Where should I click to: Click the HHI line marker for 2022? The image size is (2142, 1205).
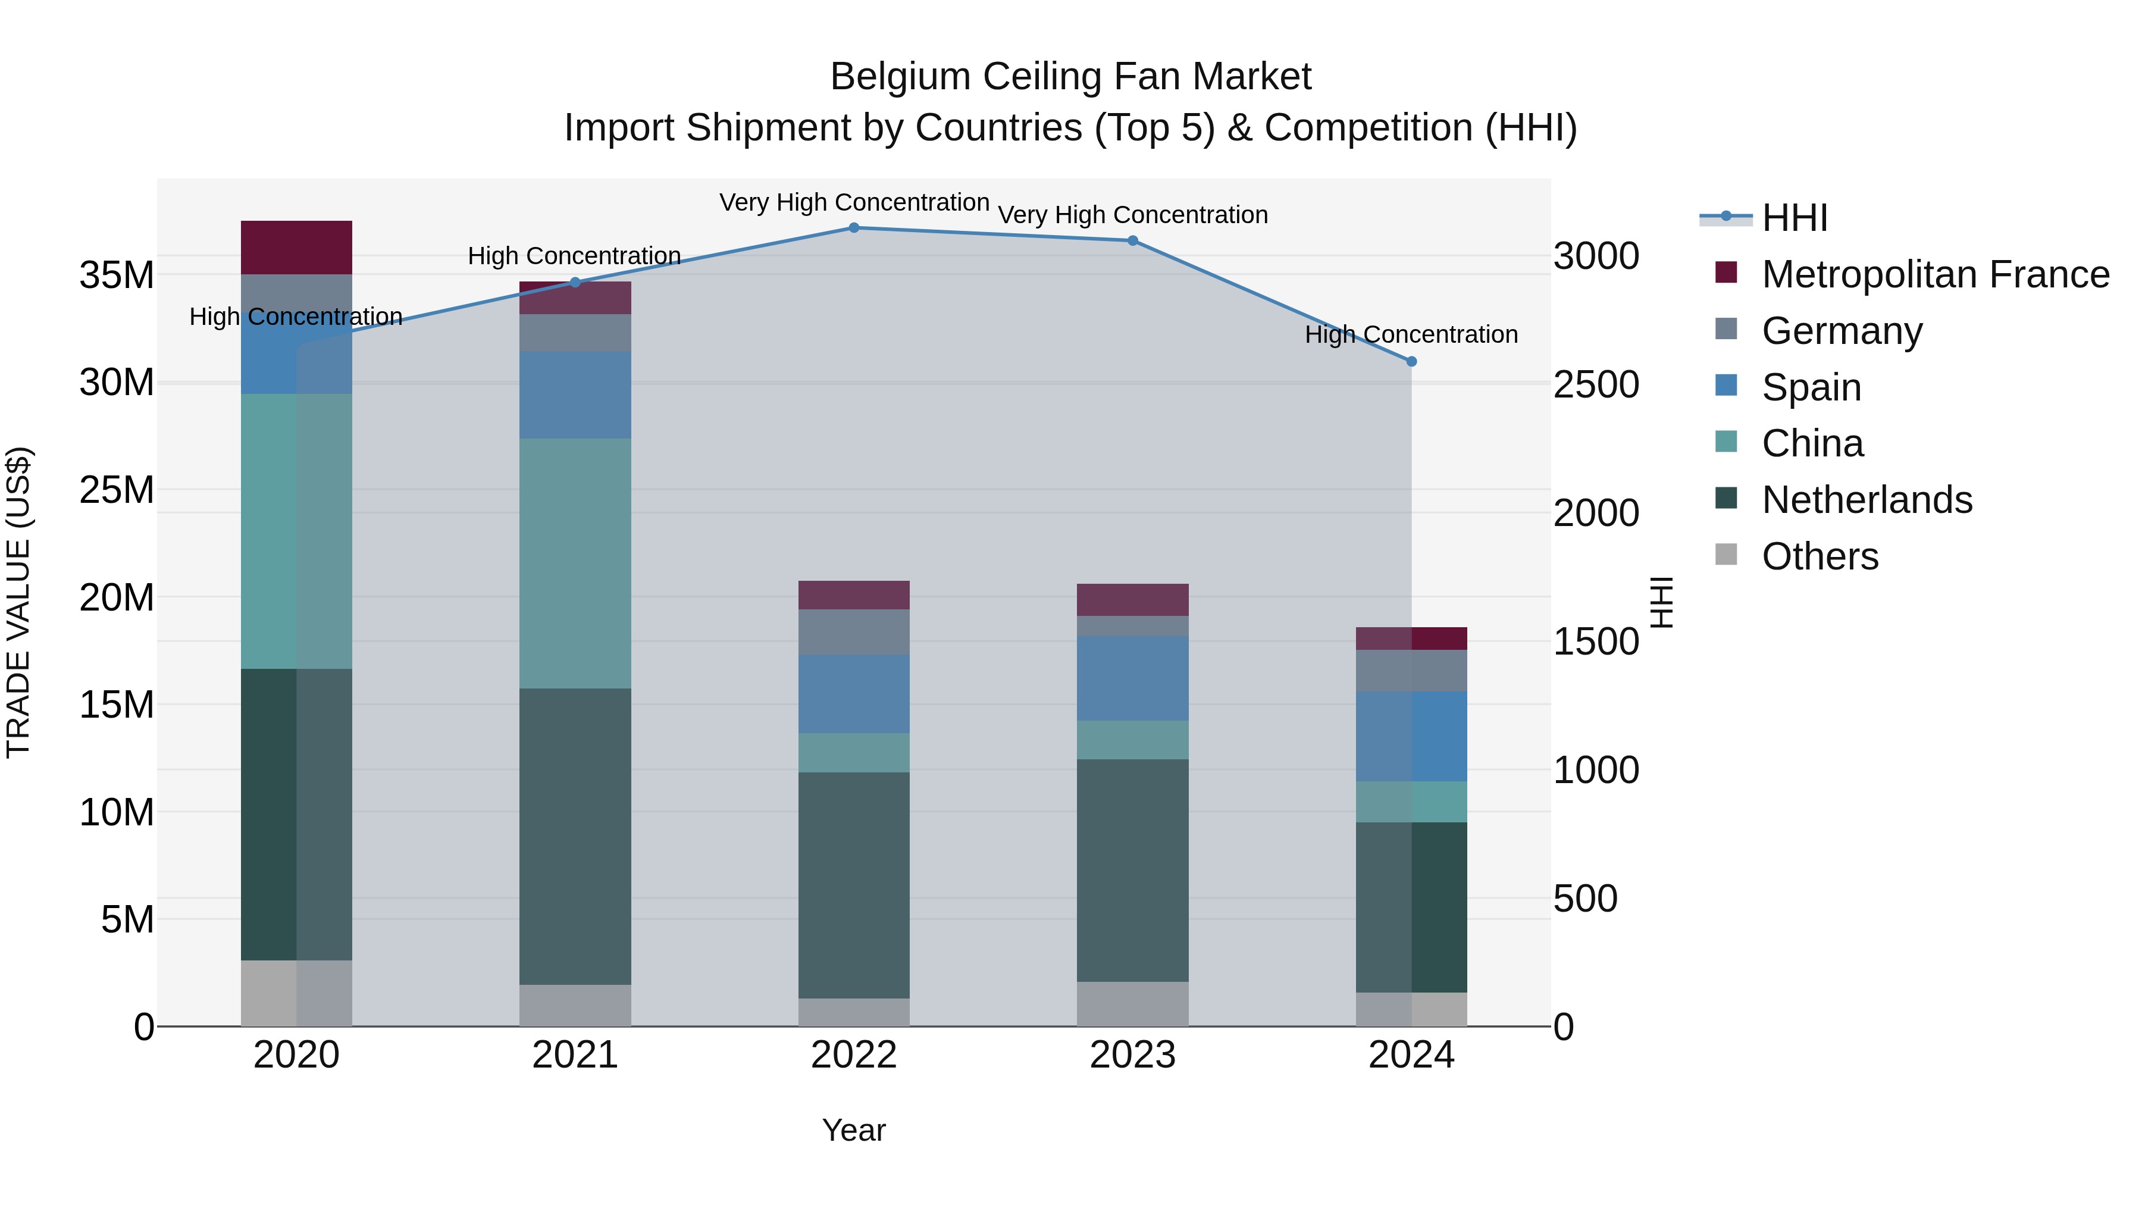(854, 228)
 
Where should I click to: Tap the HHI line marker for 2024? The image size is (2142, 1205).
(1411, 362)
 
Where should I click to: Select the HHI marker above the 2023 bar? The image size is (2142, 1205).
(1132, 241)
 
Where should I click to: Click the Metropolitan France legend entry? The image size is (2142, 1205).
(1935, 274)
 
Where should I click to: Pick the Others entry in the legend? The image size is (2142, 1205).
(1820, 556)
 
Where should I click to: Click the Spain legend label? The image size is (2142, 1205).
(1811, 387)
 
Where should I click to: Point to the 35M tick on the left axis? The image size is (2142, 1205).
(117, 276)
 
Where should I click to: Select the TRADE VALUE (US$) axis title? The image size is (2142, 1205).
(19, 602)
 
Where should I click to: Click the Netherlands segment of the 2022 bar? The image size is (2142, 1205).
(854, 885)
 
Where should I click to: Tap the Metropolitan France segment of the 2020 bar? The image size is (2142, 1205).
(296, 248)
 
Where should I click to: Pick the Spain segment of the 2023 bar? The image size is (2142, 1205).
(1132, 678)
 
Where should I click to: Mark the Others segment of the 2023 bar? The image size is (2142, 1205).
(1132, 1004)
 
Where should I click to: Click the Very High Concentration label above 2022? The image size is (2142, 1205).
(854, 203)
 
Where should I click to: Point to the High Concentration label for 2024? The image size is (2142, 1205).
(1411, 335)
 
